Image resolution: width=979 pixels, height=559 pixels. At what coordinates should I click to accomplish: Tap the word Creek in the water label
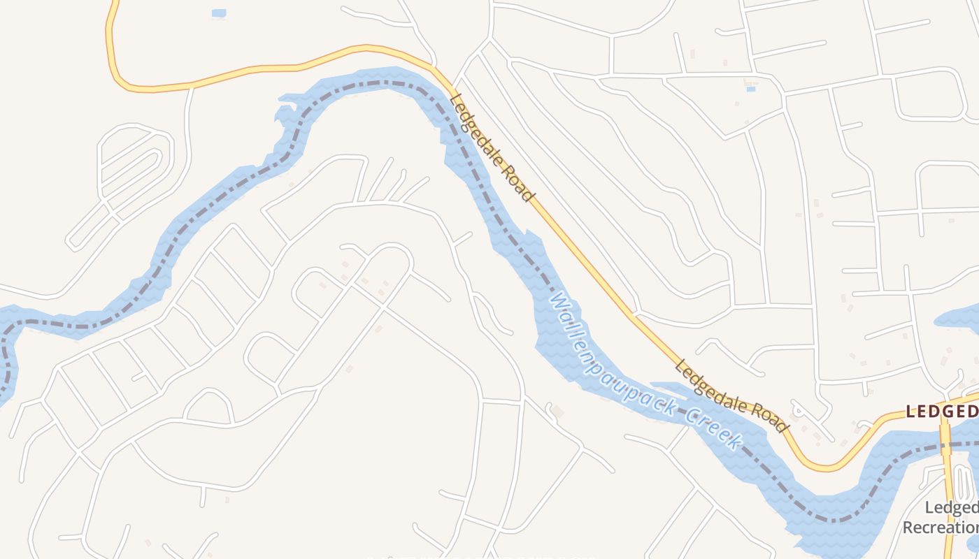[713, 428]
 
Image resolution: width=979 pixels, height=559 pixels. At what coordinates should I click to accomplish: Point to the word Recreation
[941, 527]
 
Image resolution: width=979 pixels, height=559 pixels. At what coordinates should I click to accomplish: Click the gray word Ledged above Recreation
[951, 508]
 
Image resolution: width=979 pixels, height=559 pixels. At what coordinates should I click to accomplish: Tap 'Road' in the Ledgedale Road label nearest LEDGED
[770, 416]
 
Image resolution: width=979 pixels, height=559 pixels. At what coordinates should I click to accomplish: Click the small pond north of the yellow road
[219, 13]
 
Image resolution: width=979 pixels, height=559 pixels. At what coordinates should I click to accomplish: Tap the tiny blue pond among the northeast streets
[750, 89]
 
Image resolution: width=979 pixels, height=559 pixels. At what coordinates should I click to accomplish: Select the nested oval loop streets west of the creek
[133, 168]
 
